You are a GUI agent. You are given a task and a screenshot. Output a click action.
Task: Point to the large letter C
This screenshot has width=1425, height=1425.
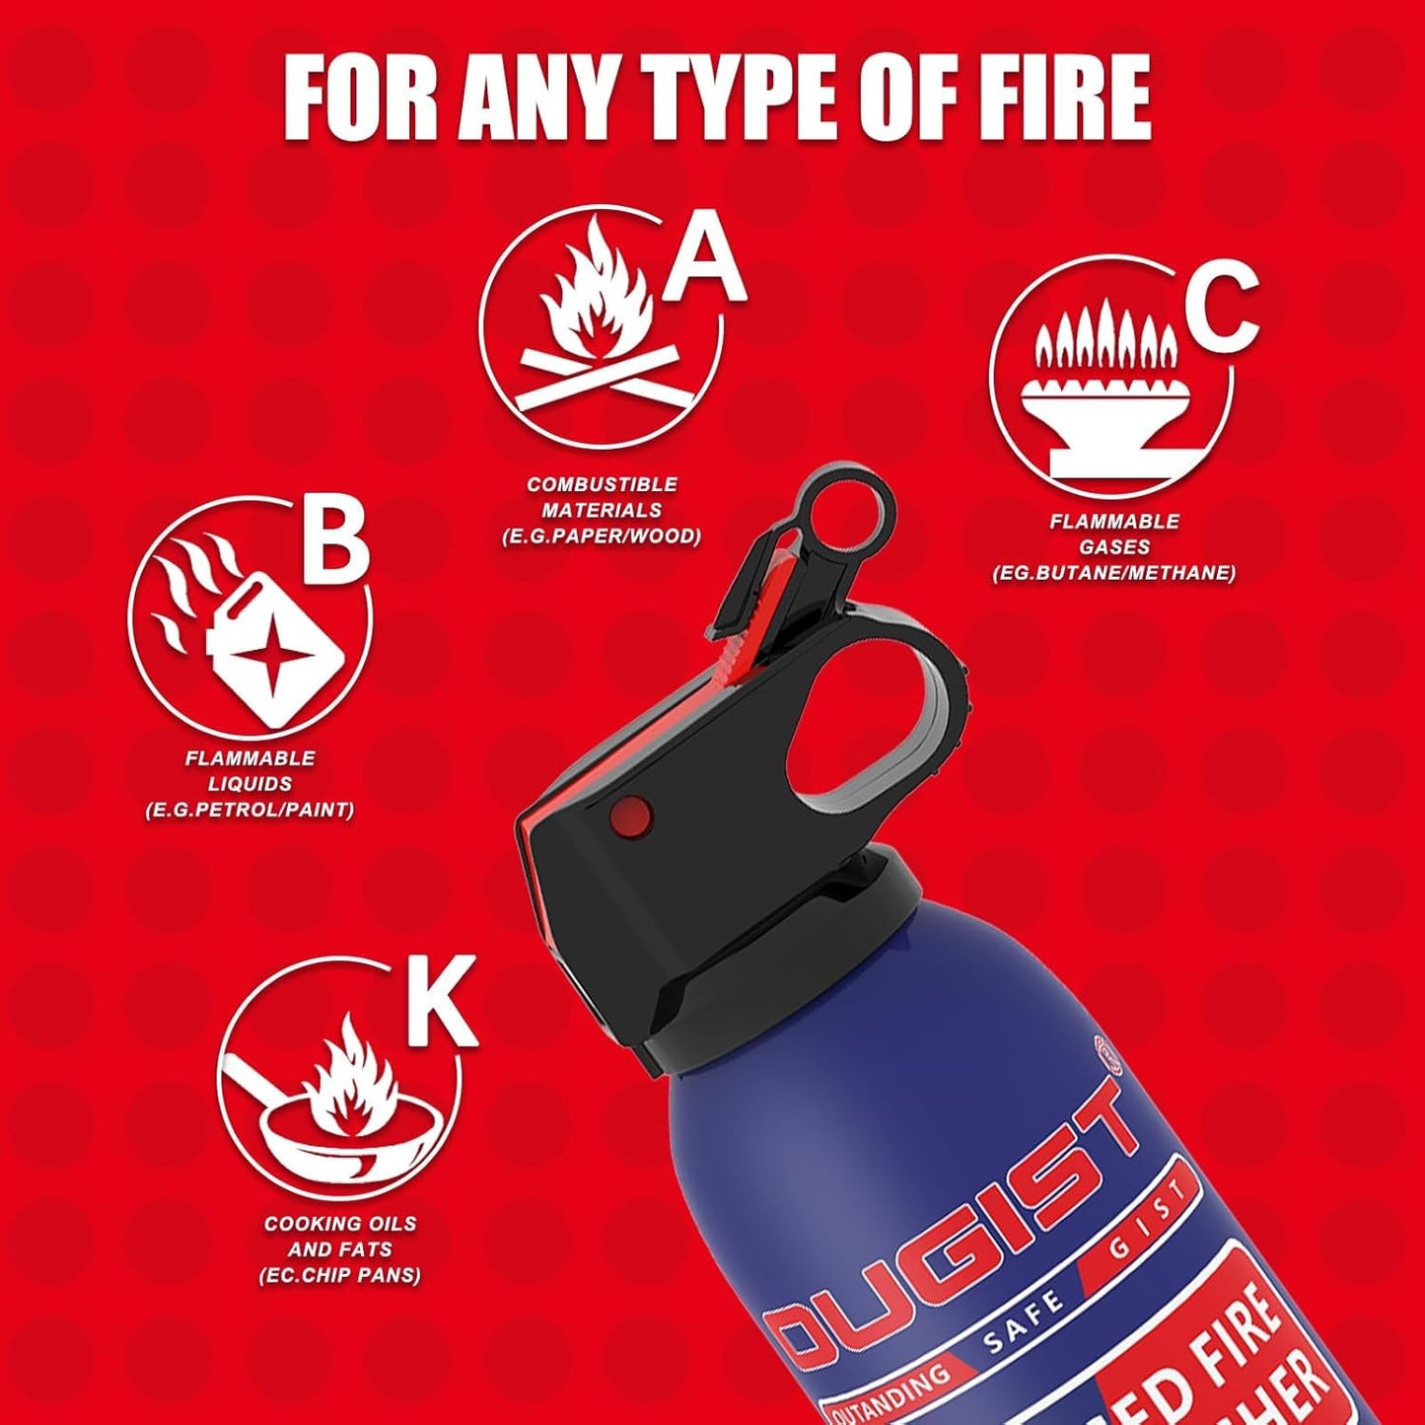coord(1222,313)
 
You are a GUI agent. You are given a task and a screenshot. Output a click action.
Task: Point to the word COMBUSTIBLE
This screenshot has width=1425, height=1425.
coord(602,484)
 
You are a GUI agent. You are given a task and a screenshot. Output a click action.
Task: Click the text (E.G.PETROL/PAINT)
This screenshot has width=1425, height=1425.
coord(249,811)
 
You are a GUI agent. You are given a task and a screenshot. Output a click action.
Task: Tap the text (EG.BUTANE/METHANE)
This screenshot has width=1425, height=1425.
coord(1114,573)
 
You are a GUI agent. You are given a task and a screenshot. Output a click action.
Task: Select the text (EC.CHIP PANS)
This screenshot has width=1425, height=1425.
coord(339,1275)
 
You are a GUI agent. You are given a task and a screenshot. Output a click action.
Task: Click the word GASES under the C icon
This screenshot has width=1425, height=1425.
coord(1114,547)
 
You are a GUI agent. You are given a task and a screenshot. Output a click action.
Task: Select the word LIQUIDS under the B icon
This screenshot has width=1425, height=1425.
coord(249,784)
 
